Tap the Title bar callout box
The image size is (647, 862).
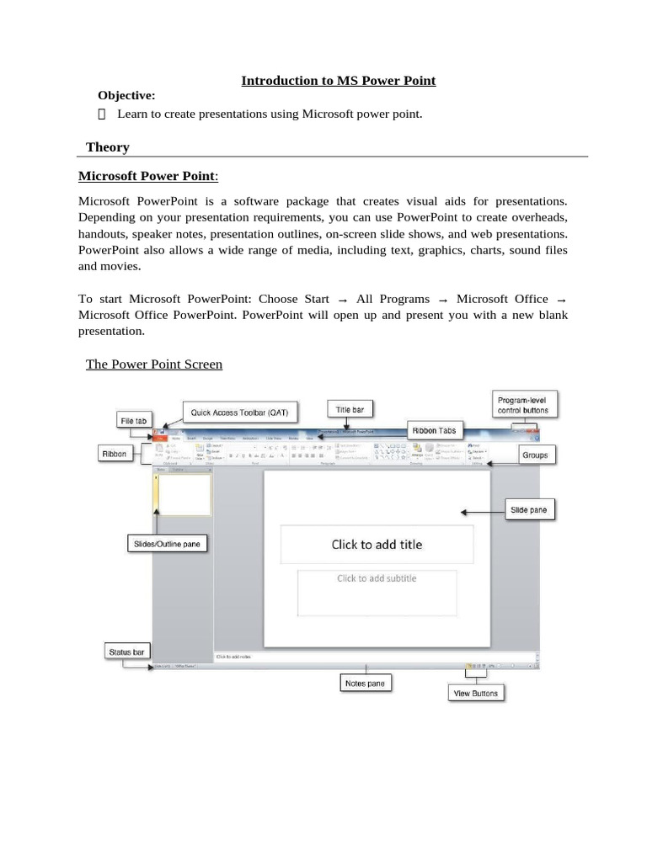point(350,410)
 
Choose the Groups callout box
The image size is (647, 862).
point(534,455)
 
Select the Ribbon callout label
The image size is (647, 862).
point(115,454)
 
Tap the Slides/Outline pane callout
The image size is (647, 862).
point(167,544)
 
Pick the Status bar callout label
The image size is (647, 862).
point(126,652)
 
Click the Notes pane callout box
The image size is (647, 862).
point(365,684)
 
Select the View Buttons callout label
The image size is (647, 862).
point(476,694)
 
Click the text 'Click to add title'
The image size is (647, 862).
point(377,545)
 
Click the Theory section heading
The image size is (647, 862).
point(108,147)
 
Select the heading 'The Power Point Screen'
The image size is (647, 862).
point(154,364)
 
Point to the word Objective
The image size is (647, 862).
point(126,96)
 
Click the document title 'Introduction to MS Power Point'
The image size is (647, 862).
point(339,81)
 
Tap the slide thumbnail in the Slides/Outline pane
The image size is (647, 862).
point(184,494)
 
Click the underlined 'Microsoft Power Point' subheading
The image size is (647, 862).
point(147,176)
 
